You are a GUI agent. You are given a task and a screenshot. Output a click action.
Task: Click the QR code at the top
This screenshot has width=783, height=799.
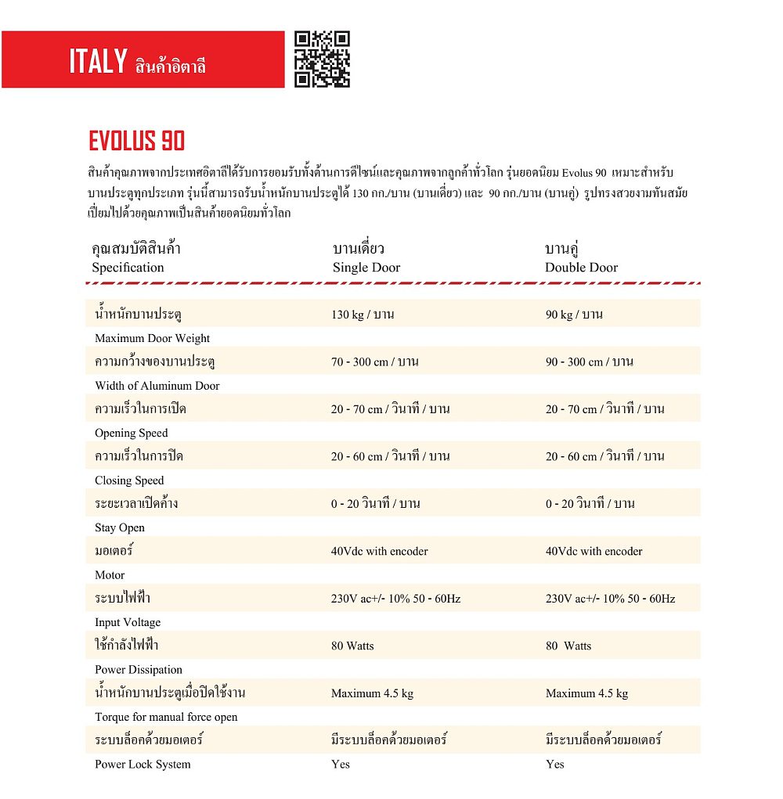322,59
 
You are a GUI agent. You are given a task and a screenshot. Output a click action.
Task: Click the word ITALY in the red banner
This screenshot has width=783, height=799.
98,61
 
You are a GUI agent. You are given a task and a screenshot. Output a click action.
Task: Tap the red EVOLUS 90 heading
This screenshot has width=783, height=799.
137,141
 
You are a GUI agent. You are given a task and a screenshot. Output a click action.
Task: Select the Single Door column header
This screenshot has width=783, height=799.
366,268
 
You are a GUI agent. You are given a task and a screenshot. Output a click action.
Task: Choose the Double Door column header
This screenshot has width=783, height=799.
581,268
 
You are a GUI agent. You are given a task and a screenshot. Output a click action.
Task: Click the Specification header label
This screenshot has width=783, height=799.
128,268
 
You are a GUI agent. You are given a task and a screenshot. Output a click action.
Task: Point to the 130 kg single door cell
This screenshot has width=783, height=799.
362,315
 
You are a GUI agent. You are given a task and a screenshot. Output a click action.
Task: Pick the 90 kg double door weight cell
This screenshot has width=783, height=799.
574,315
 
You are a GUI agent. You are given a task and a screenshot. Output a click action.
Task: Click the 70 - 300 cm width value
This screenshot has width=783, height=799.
374,362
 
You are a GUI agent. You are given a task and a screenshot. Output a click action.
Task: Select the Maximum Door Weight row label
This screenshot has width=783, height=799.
153,338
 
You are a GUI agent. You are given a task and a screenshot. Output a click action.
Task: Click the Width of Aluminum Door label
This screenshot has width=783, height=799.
157,386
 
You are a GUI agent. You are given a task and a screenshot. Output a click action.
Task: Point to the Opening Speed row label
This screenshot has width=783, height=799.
132,433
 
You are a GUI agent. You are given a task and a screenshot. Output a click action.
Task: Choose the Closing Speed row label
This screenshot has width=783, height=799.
129,480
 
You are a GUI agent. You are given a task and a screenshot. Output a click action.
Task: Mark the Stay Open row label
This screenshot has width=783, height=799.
120,527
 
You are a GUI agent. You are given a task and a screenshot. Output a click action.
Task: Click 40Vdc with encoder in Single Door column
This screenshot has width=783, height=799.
379,552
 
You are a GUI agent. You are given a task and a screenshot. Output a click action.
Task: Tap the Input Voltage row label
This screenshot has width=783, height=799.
128,622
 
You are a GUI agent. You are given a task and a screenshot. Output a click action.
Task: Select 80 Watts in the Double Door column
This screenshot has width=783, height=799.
568,646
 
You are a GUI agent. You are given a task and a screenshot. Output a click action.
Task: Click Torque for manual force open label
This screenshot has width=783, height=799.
166,717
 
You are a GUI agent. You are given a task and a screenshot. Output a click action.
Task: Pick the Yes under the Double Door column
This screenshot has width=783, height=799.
554,765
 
